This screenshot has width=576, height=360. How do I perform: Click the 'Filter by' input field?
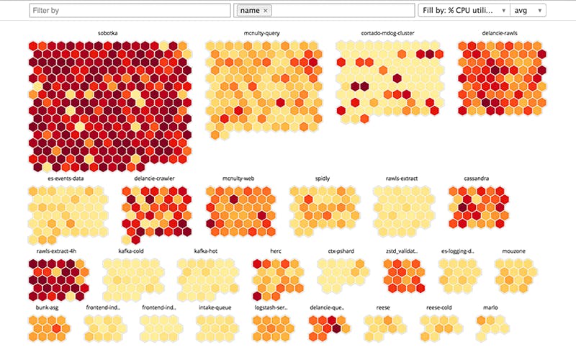click(x=130, y=10)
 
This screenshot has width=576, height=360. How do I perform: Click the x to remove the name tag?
click(x=265, y=11)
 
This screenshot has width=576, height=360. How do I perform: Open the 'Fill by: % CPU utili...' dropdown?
click(x=464, y=10)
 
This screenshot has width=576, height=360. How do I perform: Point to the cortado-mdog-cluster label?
click(x=387, y=33)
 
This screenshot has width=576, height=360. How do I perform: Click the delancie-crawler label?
click(x=154, y=178)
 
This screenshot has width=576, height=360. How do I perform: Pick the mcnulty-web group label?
click(x=238, y=178)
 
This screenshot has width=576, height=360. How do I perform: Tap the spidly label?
click(x=323, y=178)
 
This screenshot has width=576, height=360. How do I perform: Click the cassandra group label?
click(x=478, y=178)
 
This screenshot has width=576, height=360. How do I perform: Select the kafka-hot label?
click(x=206, y=251)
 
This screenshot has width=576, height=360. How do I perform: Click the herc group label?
click(x=276, y=251)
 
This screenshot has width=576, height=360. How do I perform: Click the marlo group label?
click(x=490, y=307)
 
